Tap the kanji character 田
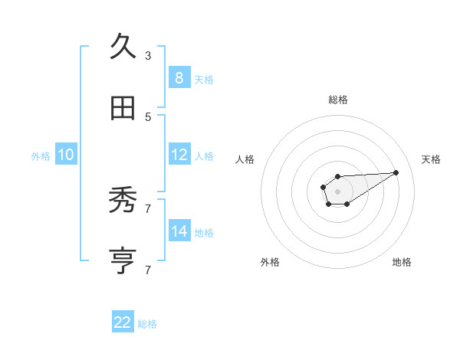[x=123, y=109]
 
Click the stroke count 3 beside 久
[x=148, y=55]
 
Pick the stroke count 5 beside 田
[x=148, y=116]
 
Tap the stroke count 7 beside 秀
[x=148, y=208]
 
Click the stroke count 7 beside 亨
[x=148, y=270]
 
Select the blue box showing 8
[x=179, y=77]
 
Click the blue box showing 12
[x=179, y=155]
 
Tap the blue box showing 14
[x=179, y=231]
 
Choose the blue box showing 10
[x=66, y=155]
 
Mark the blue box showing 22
[x=123, y=322]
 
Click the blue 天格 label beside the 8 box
[x=204, y=80]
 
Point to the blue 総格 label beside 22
[x=147, y=324]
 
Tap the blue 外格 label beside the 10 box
[x=41, y=156]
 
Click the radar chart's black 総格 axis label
[x=338, y=100]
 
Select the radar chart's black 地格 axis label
[x=402, y=262]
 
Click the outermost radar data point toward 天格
[x=396, y=172]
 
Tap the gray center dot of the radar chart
[x=338, y=191]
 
